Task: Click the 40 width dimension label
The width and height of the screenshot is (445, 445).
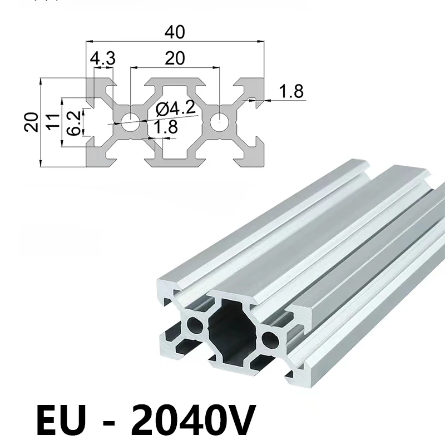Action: click(x=175, y=32)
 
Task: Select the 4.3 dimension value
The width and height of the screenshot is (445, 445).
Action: click(x=103, y=58)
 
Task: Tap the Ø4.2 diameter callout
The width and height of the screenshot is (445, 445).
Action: click(x=176, y=108)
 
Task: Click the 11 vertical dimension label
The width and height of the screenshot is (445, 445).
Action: click(x=53, y=122)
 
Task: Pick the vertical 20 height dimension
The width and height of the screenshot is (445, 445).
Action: click(x=31, y=122)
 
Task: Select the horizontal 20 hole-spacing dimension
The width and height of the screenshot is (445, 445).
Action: click(x=175, y=58)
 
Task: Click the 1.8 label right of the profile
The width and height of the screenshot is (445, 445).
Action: click(x=291, y=91)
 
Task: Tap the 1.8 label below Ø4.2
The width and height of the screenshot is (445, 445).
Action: click(x=165, y=127)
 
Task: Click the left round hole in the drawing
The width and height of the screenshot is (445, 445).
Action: click(x=130, y=122)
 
